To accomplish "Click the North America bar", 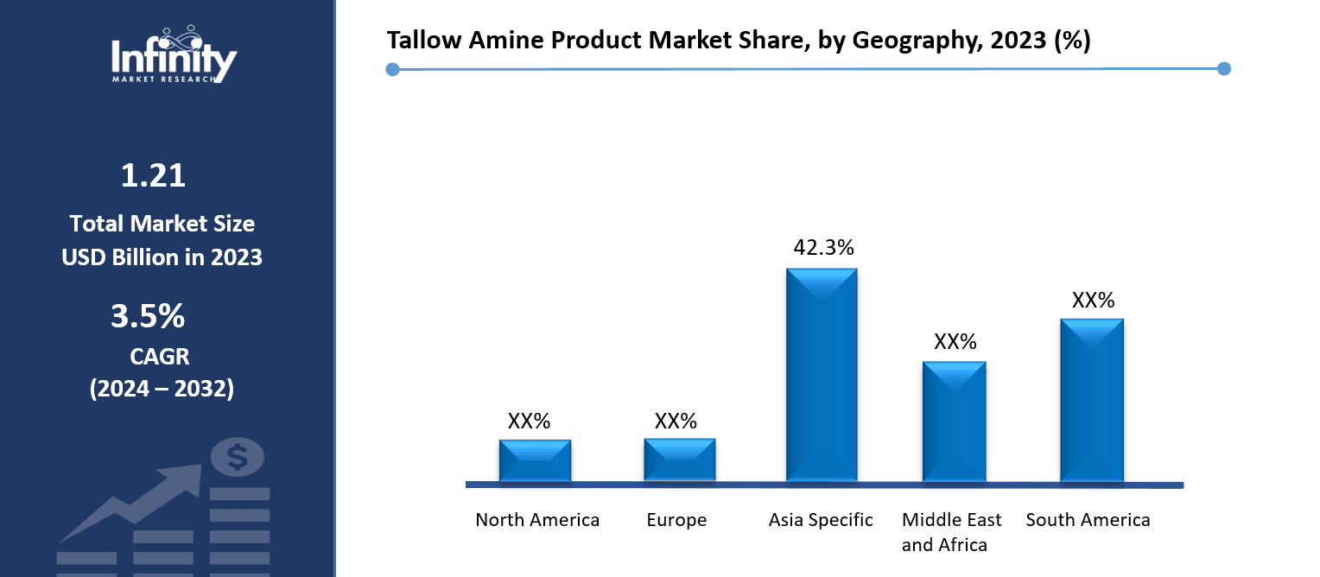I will [x=535, y=460].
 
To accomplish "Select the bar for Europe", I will [x=679, y=460].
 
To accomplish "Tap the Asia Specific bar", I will [x=822, y=375].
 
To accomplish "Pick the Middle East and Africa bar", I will [x=954, y=421].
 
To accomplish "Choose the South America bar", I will [x=1092, y=399].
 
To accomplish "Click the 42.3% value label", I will [x=823, y=248].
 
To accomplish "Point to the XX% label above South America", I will [x=1093, y=301].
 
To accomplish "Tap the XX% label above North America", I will [x=529, y=422].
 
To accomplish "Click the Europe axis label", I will [x=676, y=520].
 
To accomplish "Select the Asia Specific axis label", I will [x=821, y=520].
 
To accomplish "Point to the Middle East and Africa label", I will [x=951, y=532].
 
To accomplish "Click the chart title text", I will [x=738, y=41].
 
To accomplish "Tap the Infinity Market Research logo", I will [x=174, y=54].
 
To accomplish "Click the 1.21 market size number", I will [x=153, y=176].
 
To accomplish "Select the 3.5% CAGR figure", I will [x=148, y=316].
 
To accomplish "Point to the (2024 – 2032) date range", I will [x=162, y=389].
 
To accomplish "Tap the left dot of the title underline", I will [x=392, y=69].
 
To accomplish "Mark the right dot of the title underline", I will [x=1222, y=69].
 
